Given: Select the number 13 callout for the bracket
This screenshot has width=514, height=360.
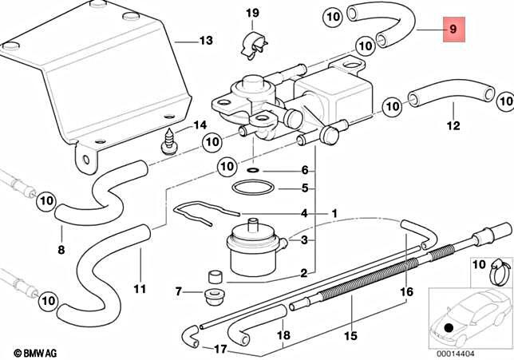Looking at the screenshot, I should pos(206,40).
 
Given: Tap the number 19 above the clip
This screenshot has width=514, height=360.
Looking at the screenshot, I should pos(252,13).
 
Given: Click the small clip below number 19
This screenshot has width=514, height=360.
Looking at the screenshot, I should pos(251,45).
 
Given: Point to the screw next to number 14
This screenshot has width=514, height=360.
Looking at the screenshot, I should pos(168,144).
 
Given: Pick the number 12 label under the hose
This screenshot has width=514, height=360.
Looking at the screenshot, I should pos(453,125).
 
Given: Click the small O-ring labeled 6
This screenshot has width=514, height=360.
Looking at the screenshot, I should pos(252,171).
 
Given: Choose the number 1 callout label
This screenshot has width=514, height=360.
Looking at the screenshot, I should pos(335,213).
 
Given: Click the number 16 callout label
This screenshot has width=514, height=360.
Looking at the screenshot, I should pos(406,292).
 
